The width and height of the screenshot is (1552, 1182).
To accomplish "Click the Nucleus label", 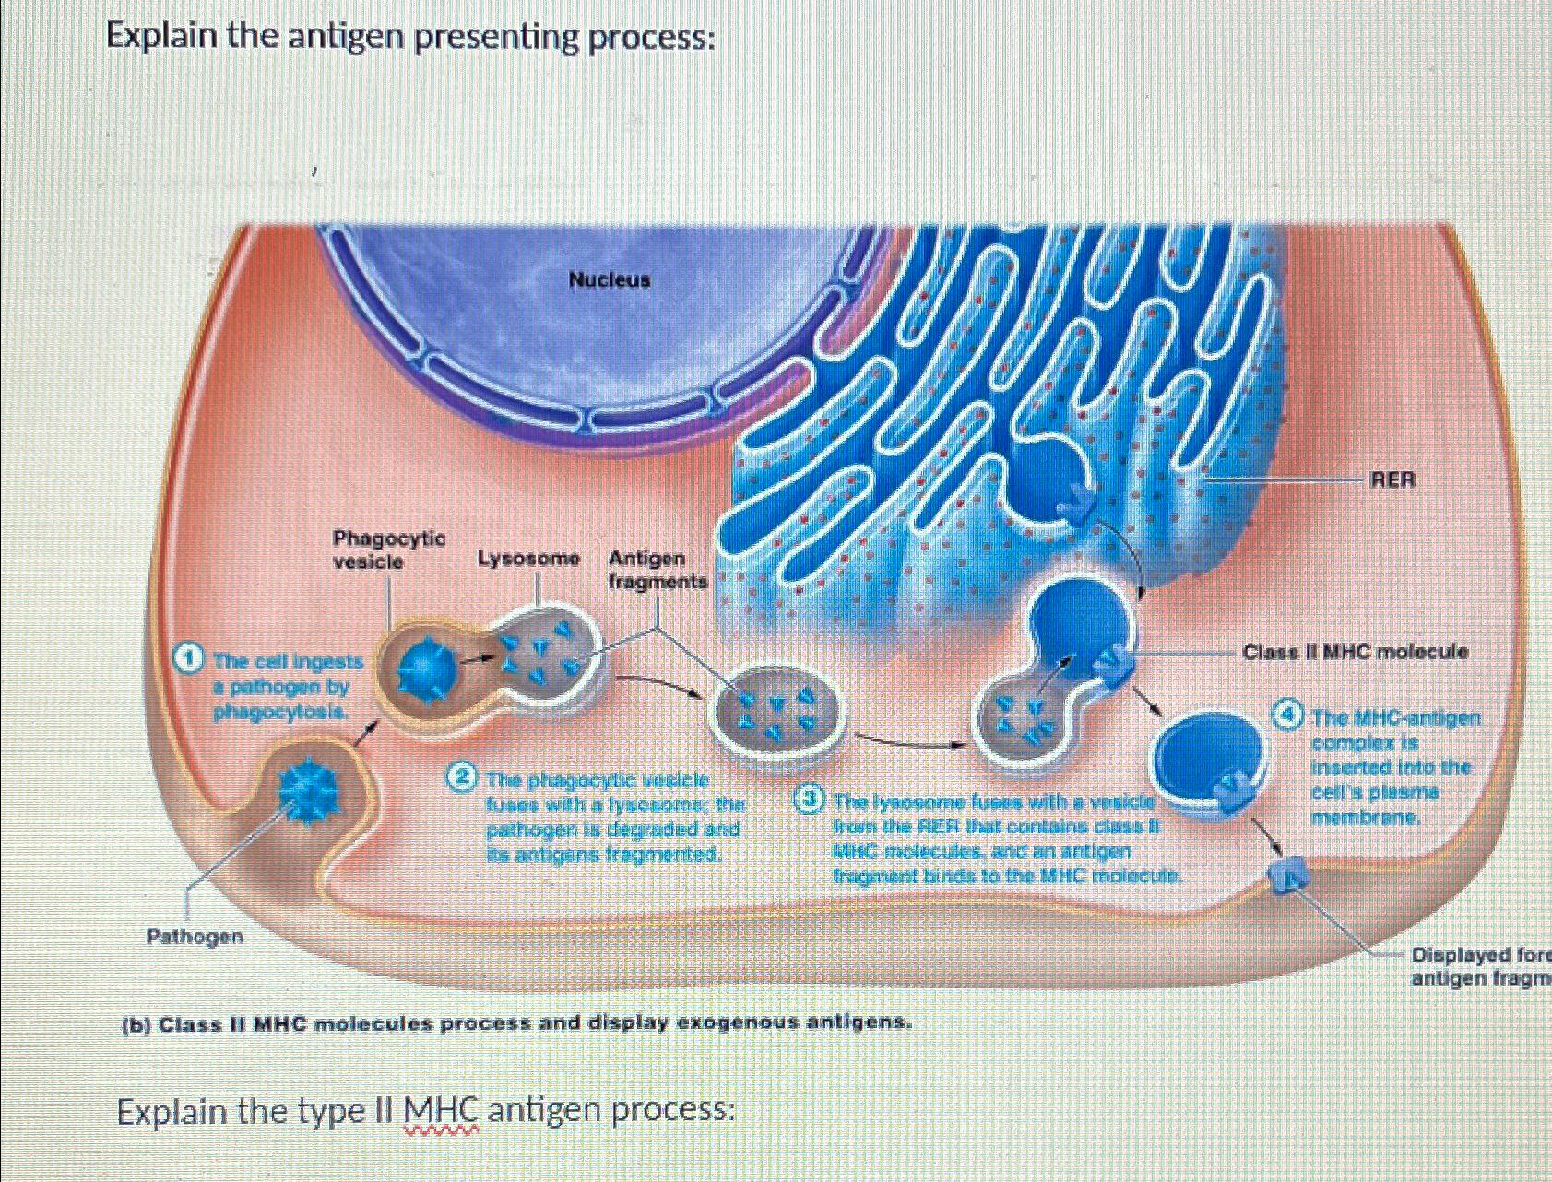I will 609,279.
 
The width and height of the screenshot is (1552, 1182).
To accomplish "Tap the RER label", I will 1392,480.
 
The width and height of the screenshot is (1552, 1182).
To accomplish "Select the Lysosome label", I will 528,559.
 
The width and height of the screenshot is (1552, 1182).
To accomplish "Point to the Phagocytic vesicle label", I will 388,550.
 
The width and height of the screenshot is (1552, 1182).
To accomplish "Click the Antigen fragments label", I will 658,570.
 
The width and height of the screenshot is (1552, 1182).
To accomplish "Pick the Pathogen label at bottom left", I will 195,937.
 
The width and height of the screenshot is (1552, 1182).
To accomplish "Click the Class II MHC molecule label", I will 1355,652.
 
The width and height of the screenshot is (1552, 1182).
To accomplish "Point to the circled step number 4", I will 1289,715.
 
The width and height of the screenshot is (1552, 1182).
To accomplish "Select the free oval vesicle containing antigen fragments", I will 776,711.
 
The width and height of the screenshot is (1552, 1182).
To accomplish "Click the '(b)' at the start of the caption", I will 137,1024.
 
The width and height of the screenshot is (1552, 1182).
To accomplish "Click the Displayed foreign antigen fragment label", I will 1480,966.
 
